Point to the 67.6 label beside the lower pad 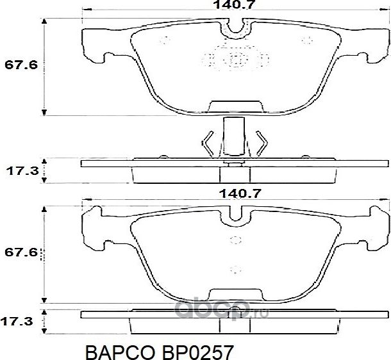coord(19,253)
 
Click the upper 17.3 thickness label coord(19,172)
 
